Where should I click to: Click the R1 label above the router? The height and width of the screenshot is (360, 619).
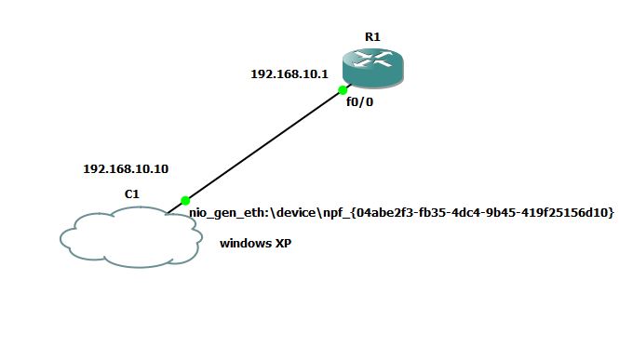[372, 36]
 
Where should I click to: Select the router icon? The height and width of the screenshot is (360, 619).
[372, 69]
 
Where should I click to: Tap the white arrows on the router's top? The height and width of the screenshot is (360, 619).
[372, 60]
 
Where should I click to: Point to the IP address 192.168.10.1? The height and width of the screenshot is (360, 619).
[289, 73]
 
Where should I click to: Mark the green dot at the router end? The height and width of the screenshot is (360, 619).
[343, 90]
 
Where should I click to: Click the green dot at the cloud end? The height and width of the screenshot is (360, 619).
[185, 200]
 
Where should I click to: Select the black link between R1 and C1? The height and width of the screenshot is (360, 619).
[264, 145]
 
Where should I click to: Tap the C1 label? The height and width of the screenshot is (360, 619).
[132, 194]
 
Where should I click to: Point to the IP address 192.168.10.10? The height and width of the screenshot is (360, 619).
[126, 169]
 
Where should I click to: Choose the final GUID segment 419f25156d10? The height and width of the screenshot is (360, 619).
[569, 213]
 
